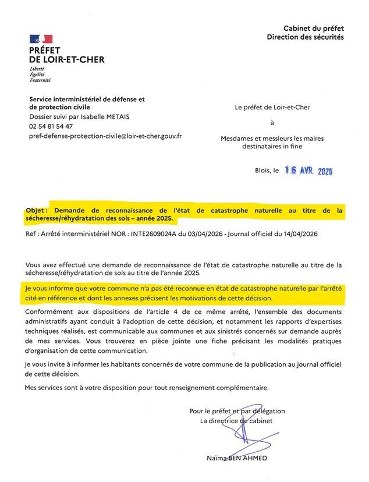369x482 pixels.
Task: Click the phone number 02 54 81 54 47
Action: coord(51,126)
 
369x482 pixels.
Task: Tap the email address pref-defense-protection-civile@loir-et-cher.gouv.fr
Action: coord(105,136)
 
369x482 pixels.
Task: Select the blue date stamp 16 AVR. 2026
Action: coord(308,171)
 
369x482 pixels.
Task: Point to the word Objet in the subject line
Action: coord(36,210)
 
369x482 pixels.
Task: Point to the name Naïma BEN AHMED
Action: coord(237,458)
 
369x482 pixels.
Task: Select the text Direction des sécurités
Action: coord(305,37)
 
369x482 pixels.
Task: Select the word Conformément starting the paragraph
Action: coord(50,312)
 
